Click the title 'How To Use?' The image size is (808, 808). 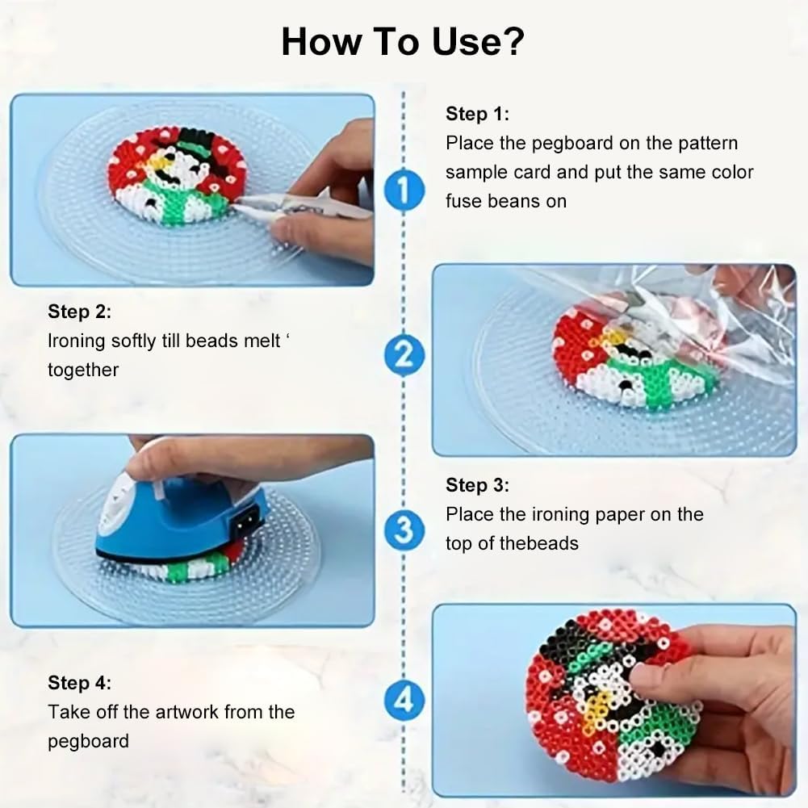(x=403, y=42)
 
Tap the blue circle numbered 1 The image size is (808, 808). (x=404, y=190)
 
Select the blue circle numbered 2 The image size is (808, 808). (x=404, y=355)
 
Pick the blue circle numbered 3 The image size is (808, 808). (x=404, y=530)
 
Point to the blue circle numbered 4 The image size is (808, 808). (x=404, y=701)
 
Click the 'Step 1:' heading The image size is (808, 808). (x=477, y=114)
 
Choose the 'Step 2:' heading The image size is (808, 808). (x=79, y=312)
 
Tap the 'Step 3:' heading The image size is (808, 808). (x=477, y=485)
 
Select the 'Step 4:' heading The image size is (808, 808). (x=79, y=683)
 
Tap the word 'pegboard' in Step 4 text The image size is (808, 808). (x=88, y=742)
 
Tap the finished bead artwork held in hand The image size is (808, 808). (x=613, y=696)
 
